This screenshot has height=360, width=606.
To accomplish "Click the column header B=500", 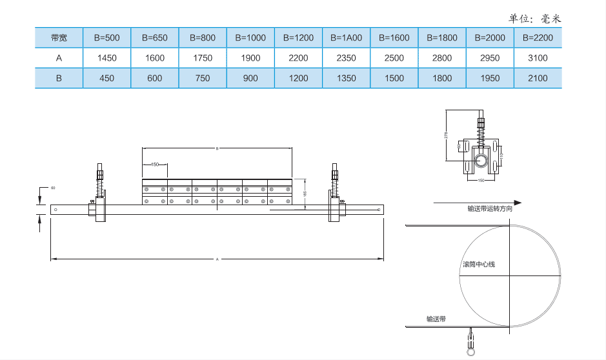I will [106, 37].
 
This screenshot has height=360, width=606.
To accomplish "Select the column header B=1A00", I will [346, 37].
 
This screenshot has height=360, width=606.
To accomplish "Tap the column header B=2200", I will [538, 37].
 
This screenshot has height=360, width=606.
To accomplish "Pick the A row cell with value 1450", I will [106, 58].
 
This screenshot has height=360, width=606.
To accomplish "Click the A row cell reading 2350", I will [346, 58].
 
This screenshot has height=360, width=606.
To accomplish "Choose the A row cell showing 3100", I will [538, 58].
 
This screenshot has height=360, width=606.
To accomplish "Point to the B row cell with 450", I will [106, 78].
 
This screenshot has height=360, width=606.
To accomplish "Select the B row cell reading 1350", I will [346, 78].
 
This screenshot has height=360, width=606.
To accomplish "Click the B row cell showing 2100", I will [538, 78].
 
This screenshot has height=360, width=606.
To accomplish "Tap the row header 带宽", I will [59, 37].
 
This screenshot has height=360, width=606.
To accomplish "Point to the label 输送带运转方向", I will [490, 209].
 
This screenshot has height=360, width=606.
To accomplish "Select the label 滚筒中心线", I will [478, 265].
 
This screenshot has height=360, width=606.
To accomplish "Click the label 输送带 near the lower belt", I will [436, 319].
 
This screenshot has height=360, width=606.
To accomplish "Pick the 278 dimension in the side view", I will [447, 135].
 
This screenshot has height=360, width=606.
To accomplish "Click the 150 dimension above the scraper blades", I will [155, 165].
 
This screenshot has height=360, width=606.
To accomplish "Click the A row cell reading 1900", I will [250, 58].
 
